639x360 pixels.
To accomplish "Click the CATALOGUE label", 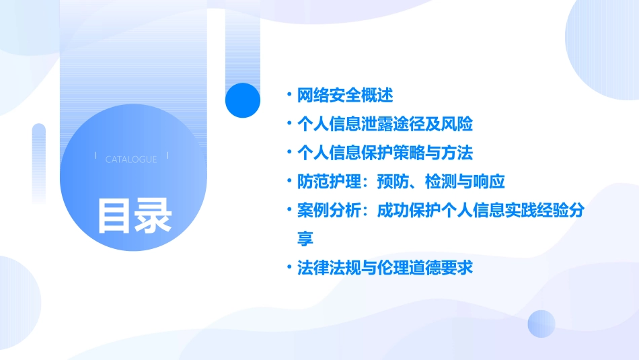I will (131, 159).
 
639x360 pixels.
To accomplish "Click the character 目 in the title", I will (114, 215).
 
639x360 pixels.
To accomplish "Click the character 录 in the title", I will (153, 215).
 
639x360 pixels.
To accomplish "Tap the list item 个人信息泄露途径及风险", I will (385, 124).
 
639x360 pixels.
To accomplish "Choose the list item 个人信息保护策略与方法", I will (385, 153).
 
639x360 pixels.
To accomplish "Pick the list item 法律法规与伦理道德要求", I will (385, 268).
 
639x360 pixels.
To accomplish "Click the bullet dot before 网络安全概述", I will (289, 96).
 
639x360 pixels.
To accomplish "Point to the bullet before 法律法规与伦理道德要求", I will (289, 268).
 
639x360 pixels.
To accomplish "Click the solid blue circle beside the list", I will (243, 100).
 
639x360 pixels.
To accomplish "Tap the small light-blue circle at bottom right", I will (541, 324).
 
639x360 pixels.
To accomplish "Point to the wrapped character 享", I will (305, 239).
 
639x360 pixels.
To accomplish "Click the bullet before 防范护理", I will (289, 182).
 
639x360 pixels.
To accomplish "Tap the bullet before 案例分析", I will (289, 211).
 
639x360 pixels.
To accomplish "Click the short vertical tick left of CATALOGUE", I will (96, 156).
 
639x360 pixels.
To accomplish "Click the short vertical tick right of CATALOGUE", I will (167, 156).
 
